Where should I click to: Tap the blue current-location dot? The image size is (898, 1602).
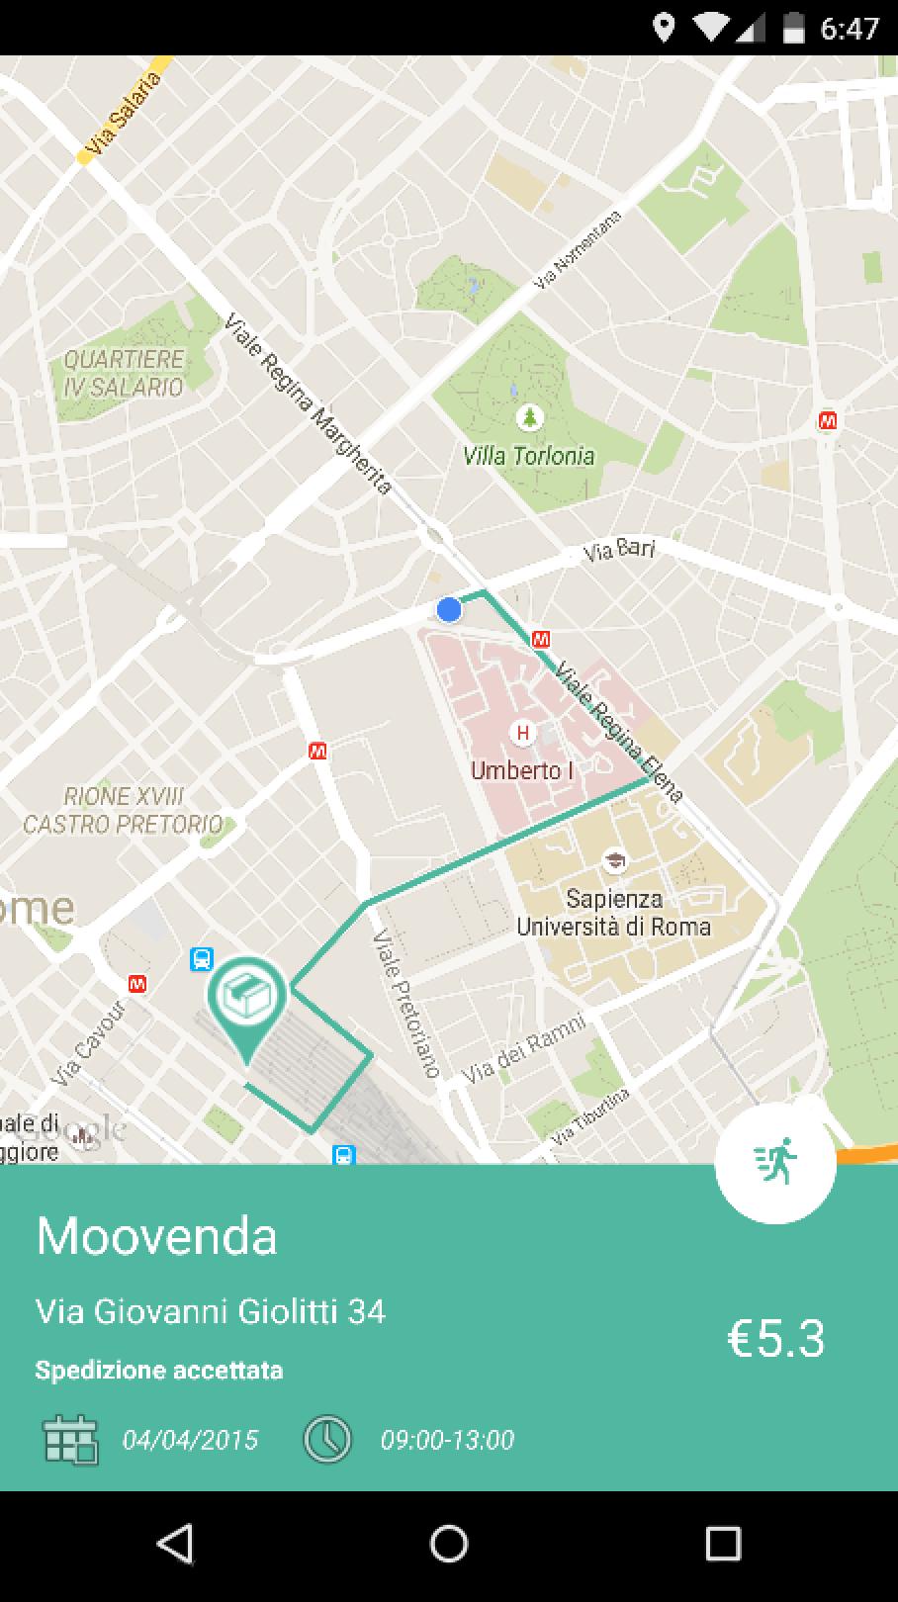(x=449, y=610)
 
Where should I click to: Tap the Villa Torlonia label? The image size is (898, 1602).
(x=529, y=456)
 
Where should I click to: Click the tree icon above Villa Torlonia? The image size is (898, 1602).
(x=530, y=417)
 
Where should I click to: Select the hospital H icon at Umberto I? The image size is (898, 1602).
(x=522, y=734)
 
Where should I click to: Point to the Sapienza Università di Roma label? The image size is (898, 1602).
(x=613, y=913)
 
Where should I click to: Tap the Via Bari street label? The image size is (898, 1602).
(x=619, y=550)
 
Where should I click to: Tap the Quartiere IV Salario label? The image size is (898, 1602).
(x=124, y=373)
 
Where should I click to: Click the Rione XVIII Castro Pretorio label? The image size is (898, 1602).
(x=123, y=810)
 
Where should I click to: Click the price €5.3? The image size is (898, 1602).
(x=775, y=1338)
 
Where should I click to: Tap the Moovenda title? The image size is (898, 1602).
(x=156, y=1236)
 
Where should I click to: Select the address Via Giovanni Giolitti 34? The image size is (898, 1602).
(x=211, y=1311)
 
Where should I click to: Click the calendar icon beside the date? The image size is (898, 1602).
(x=70, y=1439)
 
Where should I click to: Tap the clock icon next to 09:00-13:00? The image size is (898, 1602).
(x=327, y=1439)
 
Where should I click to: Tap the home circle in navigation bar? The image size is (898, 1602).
(x=449, y=1544)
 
